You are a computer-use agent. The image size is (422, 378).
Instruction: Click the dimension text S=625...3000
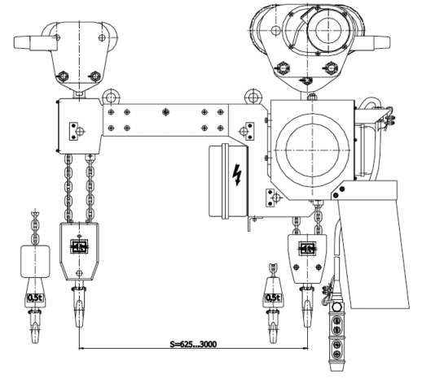pos(193,344)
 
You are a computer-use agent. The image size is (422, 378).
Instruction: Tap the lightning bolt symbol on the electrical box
pos(237,175)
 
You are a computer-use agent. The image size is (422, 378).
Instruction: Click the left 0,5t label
pos(35,298)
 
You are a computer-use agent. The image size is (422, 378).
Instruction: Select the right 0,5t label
pos(273,298)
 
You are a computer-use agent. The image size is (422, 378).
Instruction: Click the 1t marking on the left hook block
pos(79,246)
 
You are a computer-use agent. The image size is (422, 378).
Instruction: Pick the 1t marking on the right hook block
pos(307,249)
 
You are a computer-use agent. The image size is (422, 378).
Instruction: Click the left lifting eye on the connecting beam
pos(111,97)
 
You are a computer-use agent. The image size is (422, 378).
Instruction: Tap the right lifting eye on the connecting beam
pos(253,97)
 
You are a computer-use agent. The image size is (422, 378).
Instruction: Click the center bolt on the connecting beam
pos(165,111)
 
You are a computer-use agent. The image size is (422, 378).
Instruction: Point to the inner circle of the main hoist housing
pos(312,150)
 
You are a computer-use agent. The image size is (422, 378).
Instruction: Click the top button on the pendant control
pos(336,320)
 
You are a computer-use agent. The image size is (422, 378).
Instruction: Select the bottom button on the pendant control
pos(336,354)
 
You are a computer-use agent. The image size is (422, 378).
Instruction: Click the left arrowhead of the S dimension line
pos(81,348)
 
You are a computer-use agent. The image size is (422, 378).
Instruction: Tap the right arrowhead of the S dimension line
pos(306,348)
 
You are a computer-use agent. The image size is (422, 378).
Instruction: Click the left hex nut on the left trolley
pos(63,76)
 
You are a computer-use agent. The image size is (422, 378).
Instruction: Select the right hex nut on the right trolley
pos(331,67)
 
